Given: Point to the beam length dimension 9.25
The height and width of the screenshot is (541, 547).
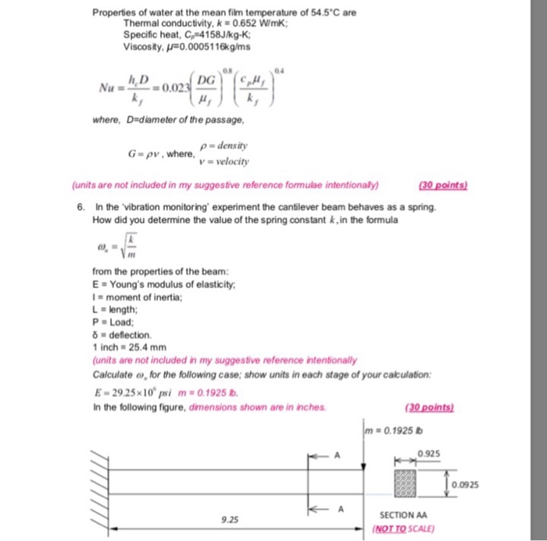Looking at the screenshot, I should coord(231,518).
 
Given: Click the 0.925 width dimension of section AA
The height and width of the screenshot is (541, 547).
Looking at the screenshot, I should coord(427,453).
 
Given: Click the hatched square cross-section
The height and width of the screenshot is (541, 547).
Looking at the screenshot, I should coord(406,481).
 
